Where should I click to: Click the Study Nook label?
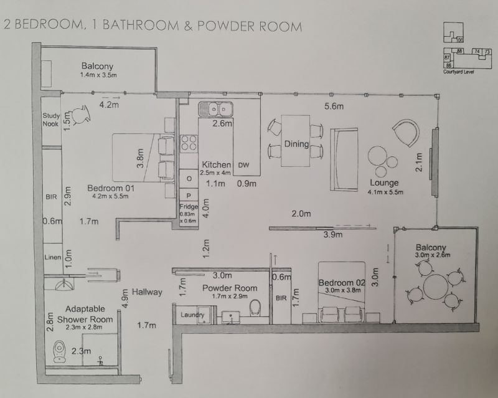(50, 119)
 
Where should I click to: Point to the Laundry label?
(191, 316)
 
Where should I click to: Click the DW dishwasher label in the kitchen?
(245, 165)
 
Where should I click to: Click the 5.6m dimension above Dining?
(334, 107)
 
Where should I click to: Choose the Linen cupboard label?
(52, 257)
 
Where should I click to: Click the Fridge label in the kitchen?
(189, 207)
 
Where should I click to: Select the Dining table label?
(296, 145)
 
